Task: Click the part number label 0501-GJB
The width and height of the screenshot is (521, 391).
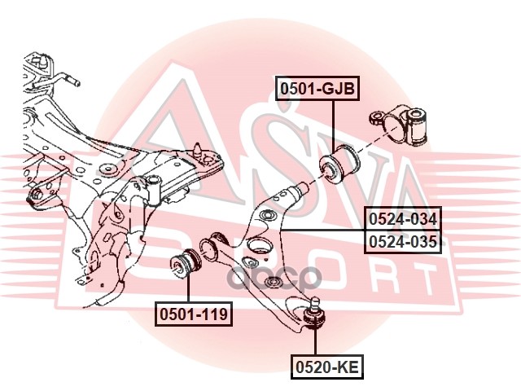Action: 317,88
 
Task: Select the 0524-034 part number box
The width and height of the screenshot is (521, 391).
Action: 403,219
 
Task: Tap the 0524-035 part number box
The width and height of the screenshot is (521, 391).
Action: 403,242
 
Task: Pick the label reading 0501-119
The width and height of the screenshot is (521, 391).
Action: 194,314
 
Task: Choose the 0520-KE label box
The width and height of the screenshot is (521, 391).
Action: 327,367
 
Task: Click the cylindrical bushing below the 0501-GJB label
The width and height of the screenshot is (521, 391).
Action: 339,164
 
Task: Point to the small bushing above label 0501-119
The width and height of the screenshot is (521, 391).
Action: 186,262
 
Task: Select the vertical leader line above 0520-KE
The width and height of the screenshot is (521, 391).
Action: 315,341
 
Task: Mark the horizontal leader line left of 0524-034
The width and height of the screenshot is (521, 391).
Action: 322,230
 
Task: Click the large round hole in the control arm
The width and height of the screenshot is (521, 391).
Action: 259,246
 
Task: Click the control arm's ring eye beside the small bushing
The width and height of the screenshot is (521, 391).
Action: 208,248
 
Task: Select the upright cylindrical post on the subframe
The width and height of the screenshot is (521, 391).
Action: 154,190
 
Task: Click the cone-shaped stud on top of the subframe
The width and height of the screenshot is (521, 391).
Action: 199,149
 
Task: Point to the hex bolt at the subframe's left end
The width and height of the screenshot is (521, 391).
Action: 35,194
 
